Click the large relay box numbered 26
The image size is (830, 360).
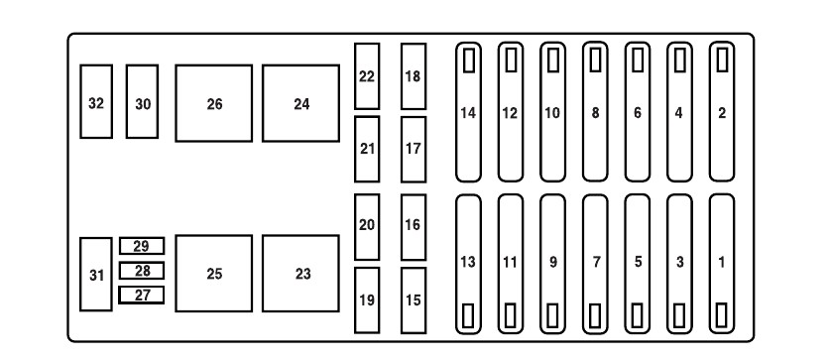pyautogui.click(x=214, y=103)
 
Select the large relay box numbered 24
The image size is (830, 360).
pyautogui.click(x=300, y=103)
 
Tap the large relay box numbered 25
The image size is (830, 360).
pyautogui.click(x=214, y=273)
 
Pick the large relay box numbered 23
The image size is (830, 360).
pyautogui.click(x=300, y=273)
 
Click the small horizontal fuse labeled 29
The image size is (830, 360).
pyautogui.click(x=142, y=246)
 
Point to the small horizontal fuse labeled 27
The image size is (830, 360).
pyautogui.click(x=142, y=295)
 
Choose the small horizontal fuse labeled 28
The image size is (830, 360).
pyautogui.click(x=142, y=271)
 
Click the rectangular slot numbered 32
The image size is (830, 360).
pyautogui.click(x=96, y=101)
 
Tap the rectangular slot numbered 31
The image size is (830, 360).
pyautogui.click(x=96, y=275)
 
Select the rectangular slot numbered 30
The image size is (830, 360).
pyautogui.click(x=142, y=101)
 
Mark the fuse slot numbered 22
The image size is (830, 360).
pyautogui.click(x=367, y=76)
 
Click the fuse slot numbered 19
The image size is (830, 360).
pyautogui.click(x=367, y=300)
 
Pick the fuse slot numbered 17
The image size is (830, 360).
pyautogui.click(x=414, y=150)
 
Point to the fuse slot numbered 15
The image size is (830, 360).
pyautogui.click(x=414, y=300)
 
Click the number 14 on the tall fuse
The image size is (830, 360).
pyautogui.click(x=468, y=113)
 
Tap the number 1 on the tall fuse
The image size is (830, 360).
pyautogui.click(x=722, y=262)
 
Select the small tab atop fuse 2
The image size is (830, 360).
pyautogui.click(x=722, y=60)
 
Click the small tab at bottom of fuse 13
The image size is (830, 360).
pyautogui.click(x=468, y=315)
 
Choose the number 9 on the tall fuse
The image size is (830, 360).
pyautogui.click(x=553, y=262)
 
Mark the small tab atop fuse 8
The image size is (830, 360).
pyautogui.click(x=595, y=60)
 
